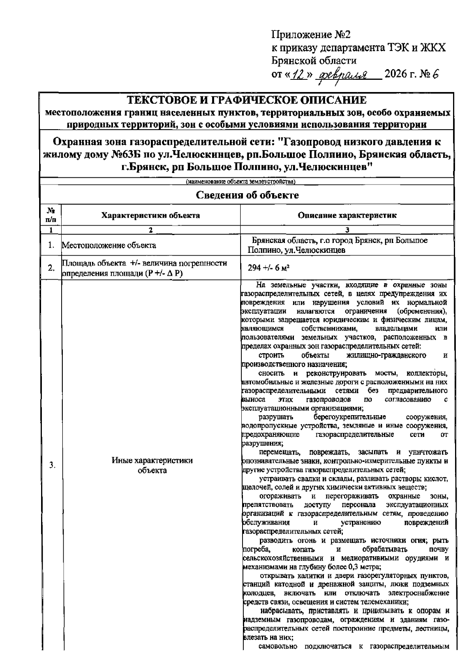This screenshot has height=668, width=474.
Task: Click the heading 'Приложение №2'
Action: coord(311,36)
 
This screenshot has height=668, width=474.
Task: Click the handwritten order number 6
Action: coord(436,73)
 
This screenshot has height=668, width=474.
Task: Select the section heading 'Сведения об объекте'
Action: coord(248,195)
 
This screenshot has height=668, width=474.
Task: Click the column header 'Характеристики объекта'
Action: coord(150,215)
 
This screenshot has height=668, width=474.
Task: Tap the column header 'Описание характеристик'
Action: coord(347,215)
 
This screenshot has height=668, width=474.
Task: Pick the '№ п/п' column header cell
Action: coord(51,215)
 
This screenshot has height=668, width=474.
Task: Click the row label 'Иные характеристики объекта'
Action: coord(152,465)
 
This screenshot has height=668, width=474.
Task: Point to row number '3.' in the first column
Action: coord(51,465)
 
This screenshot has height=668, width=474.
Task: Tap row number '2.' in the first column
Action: coord(51,268)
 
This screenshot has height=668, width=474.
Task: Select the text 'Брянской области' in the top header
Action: coord(314,61)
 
